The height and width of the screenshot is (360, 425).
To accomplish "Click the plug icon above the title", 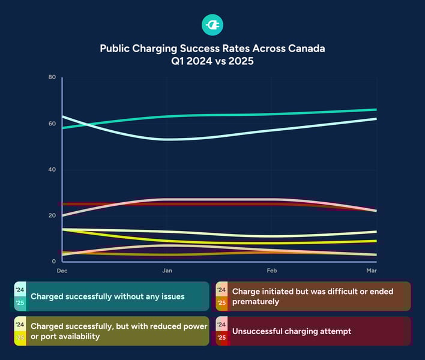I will (x=212, y=24).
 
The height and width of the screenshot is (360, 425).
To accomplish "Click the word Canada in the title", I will (x=305, y=49).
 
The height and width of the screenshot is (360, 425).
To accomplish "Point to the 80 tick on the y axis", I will (x=52, y=77).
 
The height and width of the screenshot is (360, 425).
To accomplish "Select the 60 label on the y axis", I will (x=52, y=124).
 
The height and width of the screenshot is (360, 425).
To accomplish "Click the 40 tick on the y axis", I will (x=52, y=170).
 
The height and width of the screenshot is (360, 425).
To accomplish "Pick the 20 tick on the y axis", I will (x=52, y=215).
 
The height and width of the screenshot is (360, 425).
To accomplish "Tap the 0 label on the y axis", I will (x=54, y=262).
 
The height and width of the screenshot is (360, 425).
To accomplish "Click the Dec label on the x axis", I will (x=62, y=271).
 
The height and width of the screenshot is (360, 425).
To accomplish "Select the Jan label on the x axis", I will (x=167, y=271).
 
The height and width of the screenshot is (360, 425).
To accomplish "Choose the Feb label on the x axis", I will (x=271, y=271).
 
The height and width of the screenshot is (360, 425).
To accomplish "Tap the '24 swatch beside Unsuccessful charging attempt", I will (x=221, y=325).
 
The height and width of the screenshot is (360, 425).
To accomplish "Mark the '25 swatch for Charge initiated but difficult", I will (x=221, y=303).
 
